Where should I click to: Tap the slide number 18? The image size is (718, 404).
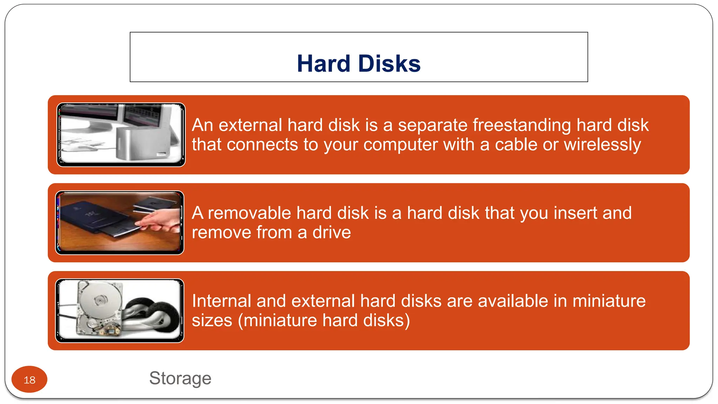[29, 380]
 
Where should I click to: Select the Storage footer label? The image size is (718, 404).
[180, 378]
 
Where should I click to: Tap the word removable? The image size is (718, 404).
[249, 213]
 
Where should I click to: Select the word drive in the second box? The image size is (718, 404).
[331, 233]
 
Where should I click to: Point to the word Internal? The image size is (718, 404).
[222, 301]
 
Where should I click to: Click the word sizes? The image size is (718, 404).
[212, 321]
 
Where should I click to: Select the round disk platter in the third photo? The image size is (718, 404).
[100, 301]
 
